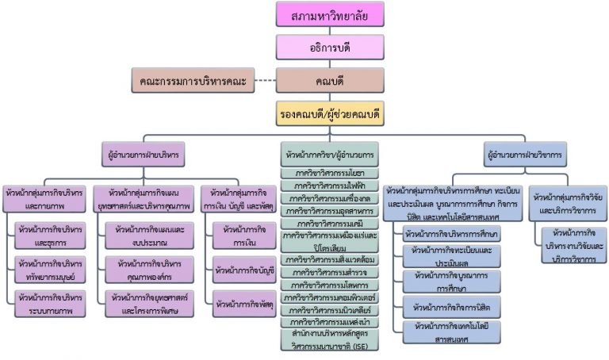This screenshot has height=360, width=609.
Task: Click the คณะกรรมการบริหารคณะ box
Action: click(x=190, y=80)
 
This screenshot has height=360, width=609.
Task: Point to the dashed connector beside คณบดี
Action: click(x=262, y=80)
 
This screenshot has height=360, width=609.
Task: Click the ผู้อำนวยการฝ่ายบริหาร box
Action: click(x=142, y=153)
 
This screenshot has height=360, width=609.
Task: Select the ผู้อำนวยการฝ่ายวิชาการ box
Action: click(x=527, y=153)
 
